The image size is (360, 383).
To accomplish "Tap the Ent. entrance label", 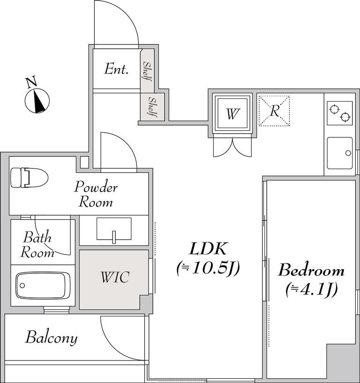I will click(x=116, y=70).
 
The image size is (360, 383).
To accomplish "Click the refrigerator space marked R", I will click(x=274, y=111).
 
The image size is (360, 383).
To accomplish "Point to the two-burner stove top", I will click(x=340, y=113).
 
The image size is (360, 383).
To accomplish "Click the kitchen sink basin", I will click(x=339, y=153).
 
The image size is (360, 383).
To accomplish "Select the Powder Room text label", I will click(x=96, y=195).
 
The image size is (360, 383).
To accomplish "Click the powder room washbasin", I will click(x=114, y=228).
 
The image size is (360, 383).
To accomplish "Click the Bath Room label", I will click(x=38, y=245).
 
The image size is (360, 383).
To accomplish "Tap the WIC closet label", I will click(x=114, y=278).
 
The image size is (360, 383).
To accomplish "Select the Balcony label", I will click(x=52, y=338).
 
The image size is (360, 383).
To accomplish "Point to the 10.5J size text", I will click(x=208, y=269).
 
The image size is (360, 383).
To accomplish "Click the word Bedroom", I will click(x=311, y=270).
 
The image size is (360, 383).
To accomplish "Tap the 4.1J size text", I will click(x=311, y=290).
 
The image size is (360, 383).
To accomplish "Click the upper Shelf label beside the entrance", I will click(x=147, y=71).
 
